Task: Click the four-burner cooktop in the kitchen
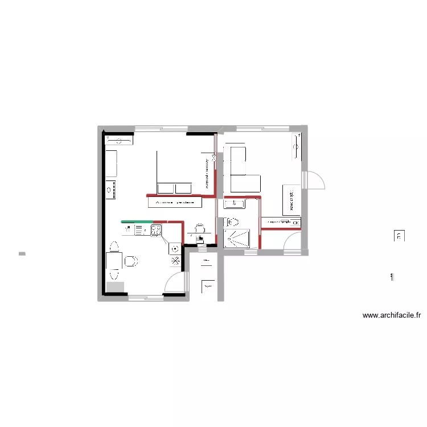pos(156,230)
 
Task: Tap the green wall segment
pos(137,221)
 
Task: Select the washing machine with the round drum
pos(175,249)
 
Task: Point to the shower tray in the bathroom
pos(239,239)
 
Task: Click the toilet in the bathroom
pos(233,222)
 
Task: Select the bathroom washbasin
pos(235,203)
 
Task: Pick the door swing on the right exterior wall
pos(314,180)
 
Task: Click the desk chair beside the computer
pos(199,228)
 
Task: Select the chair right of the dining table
pos(132,261)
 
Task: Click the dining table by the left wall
pos(113,261)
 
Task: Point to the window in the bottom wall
pos(146,297)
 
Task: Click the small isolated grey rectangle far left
pos(22,253)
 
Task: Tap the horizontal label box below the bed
pos(175,202)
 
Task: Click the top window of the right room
pos(261,129)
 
